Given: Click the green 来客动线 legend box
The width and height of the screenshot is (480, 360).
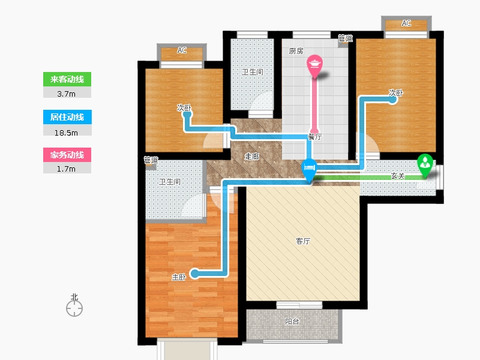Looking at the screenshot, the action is coord(67,79).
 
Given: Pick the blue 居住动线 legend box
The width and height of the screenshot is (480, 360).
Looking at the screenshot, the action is coord(67,117).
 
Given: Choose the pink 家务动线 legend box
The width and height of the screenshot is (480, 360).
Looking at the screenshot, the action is coord(67,155).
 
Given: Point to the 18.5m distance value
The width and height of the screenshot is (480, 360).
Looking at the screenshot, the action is coord(66,133).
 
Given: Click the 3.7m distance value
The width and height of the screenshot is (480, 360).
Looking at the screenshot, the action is coord(66,94).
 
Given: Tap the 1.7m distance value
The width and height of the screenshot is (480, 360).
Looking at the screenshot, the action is coord(66,169).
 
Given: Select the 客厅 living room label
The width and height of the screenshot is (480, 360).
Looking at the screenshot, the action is coord(303,241).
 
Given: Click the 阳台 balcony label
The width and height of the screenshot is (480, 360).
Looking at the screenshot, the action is coord(292,322).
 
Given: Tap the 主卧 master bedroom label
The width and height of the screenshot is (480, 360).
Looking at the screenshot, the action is coord(178,277).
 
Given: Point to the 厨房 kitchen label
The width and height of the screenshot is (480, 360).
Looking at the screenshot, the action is coord(296,51).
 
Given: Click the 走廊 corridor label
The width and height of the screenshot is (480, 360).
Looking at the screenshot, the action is coord(252,157).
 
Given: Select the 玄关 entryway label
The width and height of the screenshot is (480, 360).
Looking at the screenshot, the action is coord(398,176).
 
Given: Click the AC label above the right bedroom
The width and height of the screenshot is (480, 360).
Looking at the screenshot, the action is coord(406,23).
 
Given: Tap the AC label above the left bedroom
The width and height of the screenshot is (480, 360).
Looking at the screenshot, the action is coord(182,50).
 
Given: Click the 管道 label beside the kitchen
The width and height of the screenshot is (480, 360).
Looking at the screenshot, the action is coord(346,38).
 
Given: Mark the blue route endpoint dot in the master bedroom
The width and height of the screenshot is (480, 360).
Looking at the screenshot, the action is coord(194,274).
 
